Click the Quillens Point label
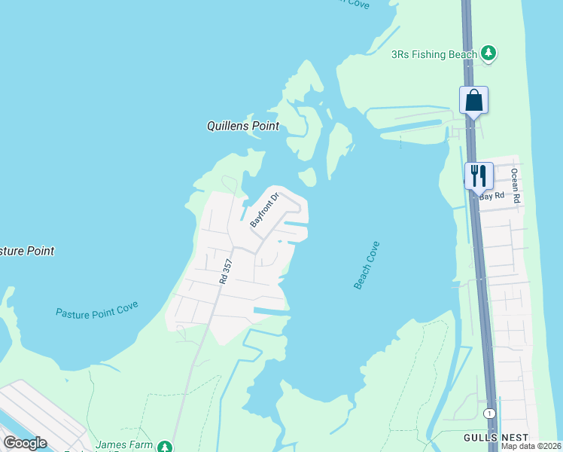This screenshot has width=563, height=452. pyautogui.click(x=243, y=127)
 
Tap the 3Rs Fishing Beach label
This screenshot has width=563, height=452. pyautogui.click(x=434, y=54)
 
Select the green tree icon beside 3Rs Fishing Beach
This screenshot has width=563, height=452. pyautogui.click(x=489, y=53)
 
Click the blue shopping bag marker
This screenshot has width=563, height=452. pyautogui.click(x=474, y=100)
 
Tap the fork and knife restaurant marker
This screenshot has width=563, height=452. pyautogui.click(x=479, y=176)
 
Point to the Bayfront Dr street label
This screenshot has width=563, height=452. pyautogui.click(x=264, y=210)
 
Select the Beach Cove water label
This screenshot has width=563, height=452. pyautogui.click(x=367, y=265)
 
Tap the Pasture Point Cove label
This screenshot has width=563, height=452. pyautogui.click(x=97, y=311)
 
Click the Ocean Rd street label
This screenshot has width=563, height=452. pyautogui.click(x=516, y=185)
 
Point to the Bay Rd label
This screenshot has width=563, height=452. pyautogui.click(x=491, y=196)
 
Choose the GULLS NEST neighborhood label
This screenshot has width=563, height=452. pyautogui.click(x=497, y=438)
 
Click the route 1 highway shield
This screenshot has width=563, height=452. pyautogui.click(x=490, y=414)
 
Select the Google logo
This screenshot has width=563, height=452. pyautogui.click(x=24, y=443)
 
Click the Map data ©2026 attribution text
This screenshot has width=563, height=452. pyautogui.click(x=531, y=446)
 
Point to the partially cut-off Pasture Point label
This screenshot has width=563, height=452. pyautogui.click(x=27, y=251)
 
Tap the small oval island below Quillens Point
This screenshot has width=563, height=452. pyautogui.click(x=307, y=178)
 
